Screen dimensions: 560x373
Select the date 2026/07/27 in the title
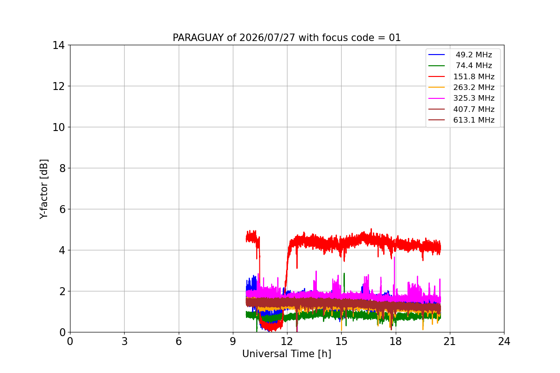[267, 38]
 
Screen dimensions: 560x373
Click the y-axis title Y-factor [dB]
[43, 189]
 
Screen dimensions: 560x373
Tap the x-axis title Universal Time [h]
[287, 354]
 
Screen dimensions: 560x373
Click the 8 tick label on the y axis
[62, 168]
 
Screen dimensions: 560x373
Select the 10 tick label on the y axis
[58, 127]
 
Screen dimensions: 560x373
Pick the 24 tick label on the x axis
[504, 341]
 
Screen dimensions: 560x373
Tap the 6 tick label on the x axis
[178, 341]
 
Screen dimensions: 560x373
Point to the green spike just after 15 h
[344, 282]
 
